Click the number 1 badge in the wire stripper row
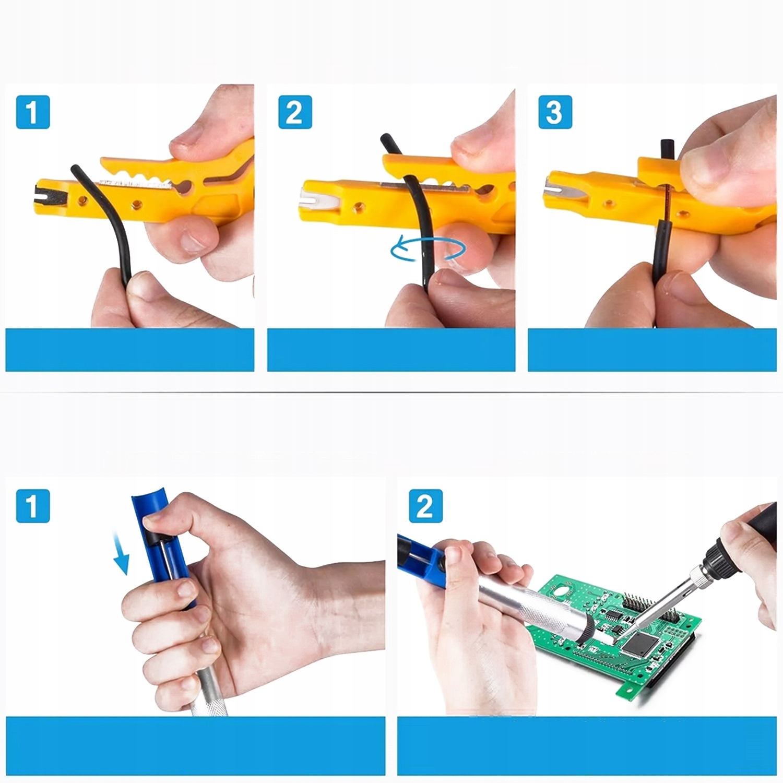click(x=33, y=112)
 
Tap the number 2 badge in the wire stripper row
click(x=295, y=112)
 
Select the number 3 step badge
click(x=555, y=112)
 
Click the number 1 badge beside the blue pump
click(x=33, y=506)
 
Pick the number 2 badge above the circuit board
click(x=425, y=506)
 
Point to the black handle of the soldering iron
click(x=752, y=527)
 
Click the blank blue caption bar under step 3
click(x=652, y=350)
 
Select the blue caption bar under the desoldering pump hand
click(x=196, y=745)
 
